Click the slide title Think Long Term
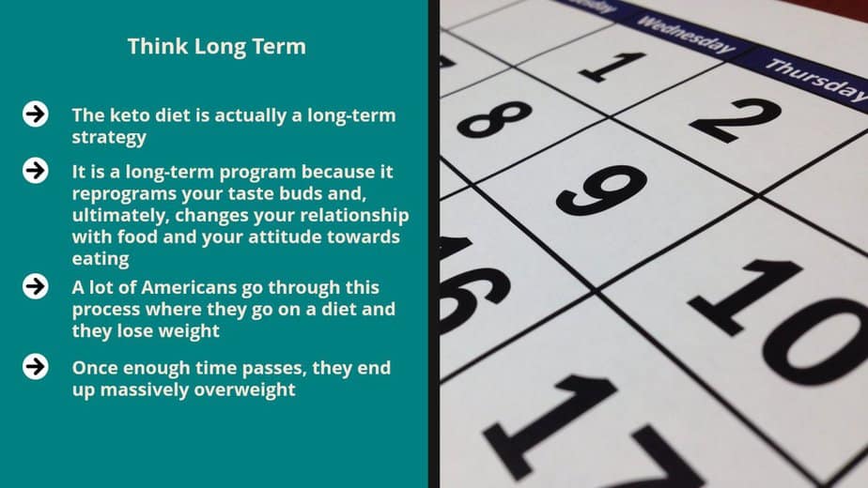pos(216,47)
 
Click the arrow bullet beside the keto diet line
pos(36,114)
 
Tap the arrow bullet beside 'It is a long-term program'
pos(36,171)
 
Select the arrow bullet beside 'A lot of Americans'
pos(36,286)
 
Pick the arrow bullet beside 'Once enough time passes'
pos(36,366)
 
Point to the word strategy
pos(109,137)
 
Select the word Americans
pos(189,288)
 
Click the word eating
pos(101,259)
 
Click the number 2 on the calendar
pos(736,119)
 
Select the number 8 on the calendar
pos(494,118)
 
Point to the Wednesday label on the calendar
pos(686,35)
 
